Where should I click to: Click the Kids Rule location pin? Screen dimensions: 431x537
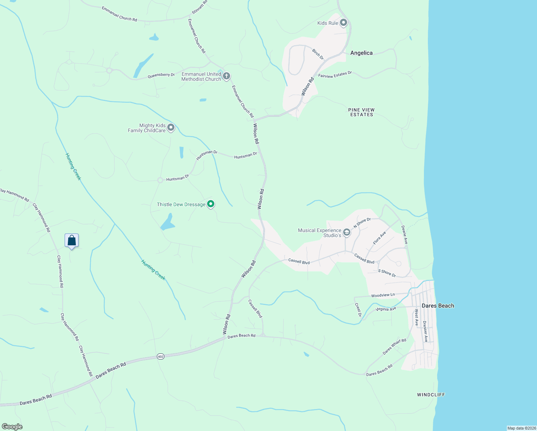click(x=344, y=23)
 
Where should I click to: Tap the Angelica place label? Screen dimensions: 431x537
click(x=361, y=53)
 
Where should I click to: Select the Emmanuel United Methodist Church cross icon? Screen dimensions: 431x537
click(x=226, y=76)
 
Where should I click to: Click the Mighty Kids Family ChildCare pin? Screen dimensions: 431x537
click(x=171, y=128)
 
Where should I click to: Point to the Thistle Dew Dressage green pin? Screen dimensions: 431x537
click(x=211, y=204)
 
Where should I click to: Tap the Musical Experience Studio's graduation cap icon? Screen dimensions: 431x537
click(x=347, y=232)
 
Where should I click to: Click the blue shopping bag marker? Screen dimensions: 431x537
click(x=71, y=241)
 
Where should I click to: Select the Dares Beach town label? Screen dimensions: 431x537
click(x=438, y=306)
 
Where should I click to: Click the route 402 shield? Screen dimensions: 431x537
click(x=160, y=356)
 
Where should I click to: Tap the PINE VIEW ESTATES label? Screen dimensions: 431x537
click(x=361, y=112)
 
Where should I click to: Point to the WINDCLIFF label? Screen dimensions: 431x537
click(x=431, y=395)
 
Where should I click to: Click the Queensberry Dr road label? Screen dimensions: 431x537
click(x=161, y=75)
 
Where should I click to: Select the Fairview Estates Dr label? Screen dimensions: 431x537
click(x=335, y=74)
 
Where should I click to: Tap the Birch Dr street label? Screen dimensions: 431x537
click(x=318, y=54)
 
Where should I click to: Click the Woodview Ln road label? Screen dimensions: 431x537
click(x=383, y=295)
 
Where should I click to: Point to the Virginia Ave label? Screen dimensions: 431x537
click(x=386, y=309)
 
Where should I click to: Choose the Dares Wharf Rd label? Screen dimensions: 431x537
click(x=394, y=346)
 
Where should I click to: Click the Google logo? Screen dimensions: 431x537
click(x=12, y=427)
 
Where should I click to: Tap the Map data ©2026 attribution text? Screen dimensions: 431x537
click(x=521, y=428)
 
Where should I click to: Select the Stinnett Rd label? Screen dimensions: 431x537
click(x=200, y=7)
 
